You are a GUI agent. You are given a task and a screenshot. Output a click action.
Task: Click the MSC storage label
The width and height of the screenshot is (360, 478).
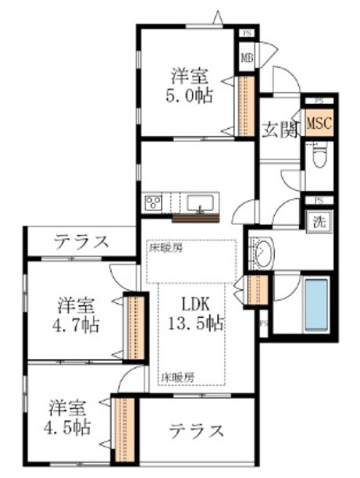point(319,123)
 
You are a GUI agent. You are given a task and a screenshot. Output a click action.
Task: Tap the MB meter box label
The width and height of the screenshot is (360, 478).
point(247,57)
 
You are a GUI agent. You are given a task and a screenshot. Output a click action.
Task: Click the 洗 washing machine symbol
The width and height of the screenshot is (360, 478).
point(319,221)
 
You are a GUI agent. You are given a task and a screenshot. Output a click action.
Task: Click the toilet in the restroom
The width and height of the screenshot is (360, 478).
point(319,158)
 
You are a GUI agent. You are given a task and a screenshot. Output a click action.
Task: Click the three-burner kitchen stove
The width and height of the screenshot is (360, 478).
point(152,204)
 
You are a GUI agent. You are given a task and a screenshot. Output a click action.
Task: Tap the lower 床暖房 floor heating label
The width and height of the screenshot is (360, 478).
point(178,376)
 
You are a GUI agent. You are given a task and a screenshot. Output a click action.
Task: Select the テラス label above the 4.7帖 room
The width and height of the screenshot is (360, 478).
point(81,241)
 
